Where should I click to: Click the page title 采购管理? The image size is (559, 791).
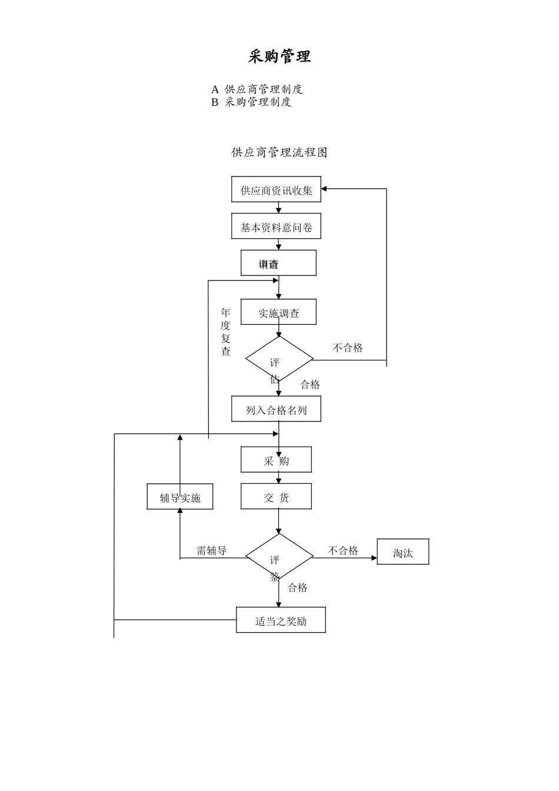pyautogui.click(x=279, y=56)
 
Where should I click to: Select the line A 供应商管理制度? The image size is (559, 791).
pyautogui.click(x=257, y=89)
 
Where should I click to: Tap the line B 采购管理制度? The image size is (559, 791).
pyautogui.click(x=251, y=102)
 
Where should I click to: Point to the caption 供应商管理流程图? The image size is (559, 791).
pyautogui.click(x=279, y=152)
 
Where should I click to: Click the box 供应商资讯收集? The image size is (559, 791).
pyautogui.click(x=276, y=190)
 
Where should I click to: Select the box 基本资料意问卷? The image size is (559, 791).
pyautogui.click(x=276, y=227)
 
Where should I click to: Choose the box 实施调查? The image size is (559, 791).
pyautogui.click(x=278, y=313)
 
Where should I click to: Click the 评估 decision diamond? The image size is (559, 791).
pyautogui.click(x=279, y=359)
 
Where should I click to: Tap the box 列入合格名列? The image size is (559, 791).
pyautogui.click(x=276, y=410)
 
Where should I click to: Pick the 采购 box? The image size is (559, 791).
pyautogui.click(x=276, y=460)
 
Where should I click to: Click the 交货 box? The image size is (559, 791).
pyautogui.click(x=276, y=497)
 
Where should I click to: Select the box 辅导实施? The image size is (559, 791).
pyautogui.click(x=180, y=497)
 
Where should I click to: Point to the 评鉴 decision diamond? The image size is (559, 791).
pyautogui.click(x=279, y=557)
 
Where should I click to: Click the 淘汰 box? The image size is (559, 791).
pyautogui.click(x=403, y=553)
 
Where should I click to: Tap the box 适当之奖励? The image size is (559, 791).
pyautogui.click(x=281, y=621)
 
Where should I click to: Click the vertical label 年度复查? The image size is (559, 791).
pyautogui.click(x=225, y=332)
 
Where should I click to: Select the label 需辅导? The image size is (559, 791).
pyautogui.click(x=211, y=551)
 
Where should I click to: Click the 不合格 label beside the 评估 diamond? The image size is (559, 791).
pyautogui.click(x=348, y=348)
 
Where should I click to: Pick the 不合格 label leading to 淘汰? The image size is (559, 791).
pyautogui.click(x=343, y=551)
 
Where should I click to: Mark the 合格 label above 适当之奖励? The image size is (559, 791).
pyautogui.click(x=298, y=587)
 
